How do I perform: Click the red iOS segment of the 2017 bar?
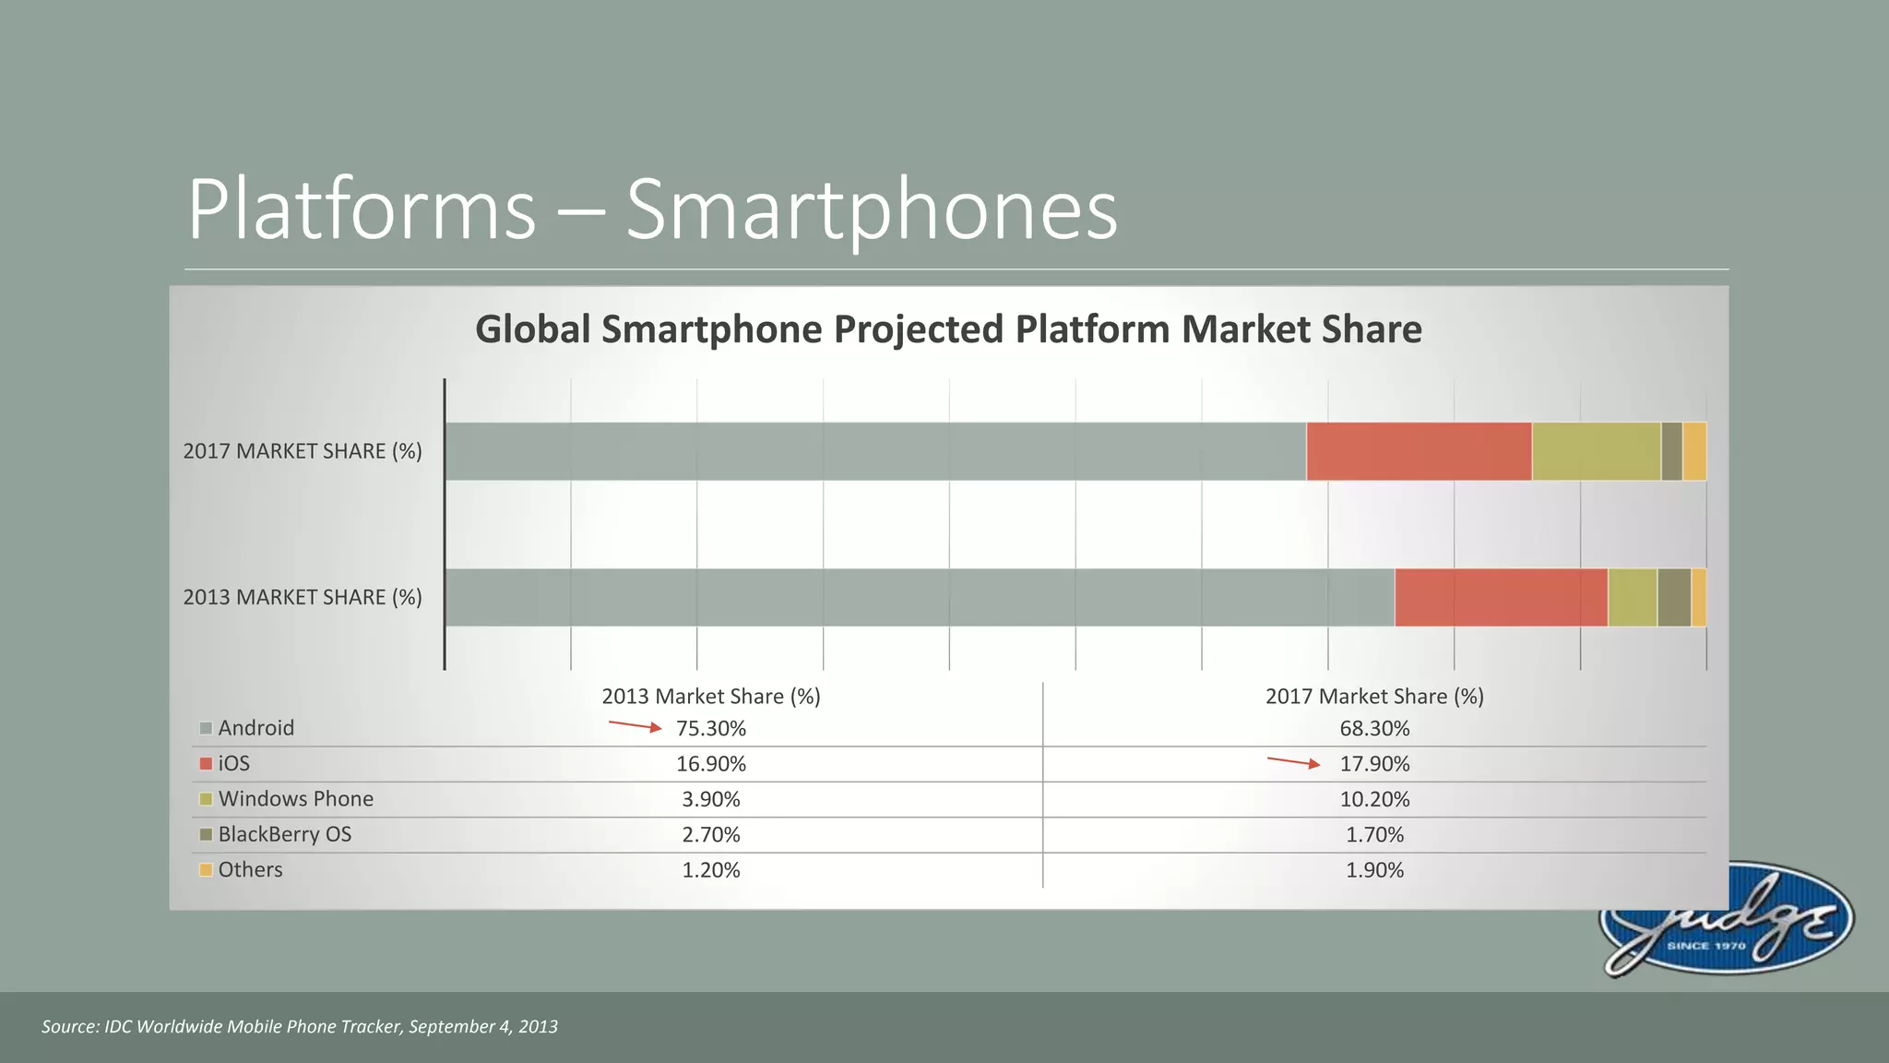[1419, 451]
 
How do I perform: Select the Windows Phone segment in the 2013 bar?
[1632, 598]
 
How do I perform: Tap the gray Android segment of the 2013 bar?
[919, 598]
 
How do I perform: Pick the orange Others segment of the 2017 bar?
[1694, 451]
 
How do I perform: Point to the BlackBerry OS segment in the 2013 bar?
[1673, 598]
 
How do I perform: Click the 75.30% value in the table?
[710, 729]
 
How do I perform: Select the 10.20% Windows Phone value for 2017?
[1374, 799]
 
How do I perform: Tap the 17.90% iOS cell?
[1374, 764]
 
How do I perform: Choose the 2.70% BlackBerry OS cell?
[710, 835]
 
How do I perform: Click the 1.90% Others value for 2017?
[1374, 870]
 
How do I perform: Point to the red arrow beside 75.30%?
[635, 726]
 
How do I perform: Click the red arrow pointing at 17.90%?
[1293, 762]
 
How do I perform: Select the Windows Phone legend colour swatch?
[206, 799]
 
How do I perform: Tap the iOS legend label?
[233, 764]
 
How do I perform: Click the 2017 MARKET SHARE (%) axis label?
[302, 451]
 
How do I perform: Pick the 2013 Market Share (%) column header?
[710, 697]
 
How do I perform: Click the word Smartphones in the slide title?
[871, 209]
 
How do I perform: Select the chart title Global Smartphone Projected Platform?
[947, 329]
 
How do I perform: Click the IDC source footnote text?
[299, 1027]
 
